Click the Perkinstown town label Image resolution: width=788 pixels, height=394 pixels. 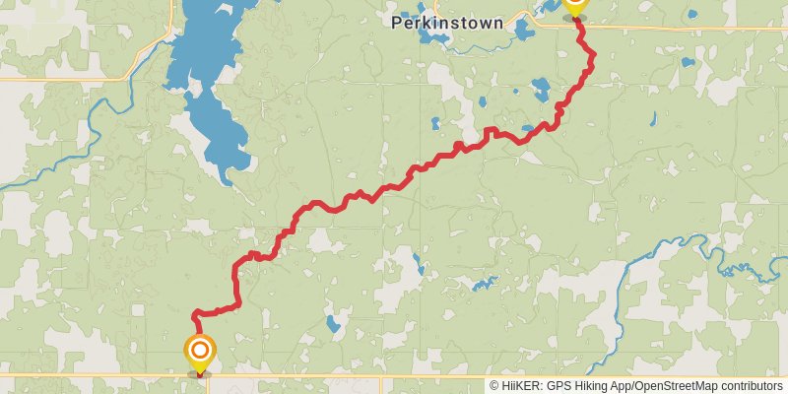pyautogui.click(x=446, y=22)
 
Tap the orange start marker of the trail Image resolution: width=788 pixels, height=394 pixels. pyautogui.click(x=200, y=350)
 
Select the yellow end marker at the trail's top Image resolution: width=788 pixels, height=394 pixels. pyautogui.click(x=575, y=5)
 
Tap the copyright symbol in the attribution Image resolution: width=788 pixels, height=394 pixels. pyautogui.click(x=495, y=386)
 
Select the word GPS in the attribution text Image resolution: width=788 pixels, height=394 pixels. pyautogui.click(x=558, y=386)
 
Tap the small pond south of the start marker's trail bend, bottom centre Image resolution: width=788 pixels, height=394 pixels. pyautogui.click(x=332, y=323)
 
